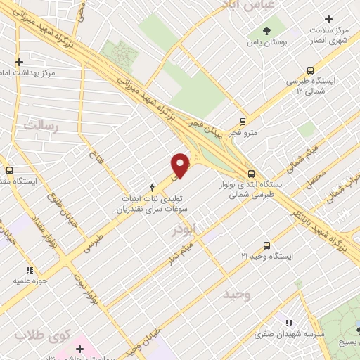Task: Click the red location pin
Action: click(x=181, y=165)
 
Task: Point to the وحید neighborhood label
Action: click(x=236, y=294)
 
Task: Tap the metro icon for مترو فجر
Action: click(x=243, y=121)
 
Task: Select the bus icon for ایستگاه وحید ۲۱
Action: click(x=266, y=245)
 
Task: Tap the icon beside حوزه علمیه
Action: click(x=30, y=269)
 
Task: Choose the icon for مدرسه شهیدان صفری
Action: click(x=289, y=323)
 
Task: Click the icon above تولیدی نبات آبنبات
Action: click(x=153, y=188)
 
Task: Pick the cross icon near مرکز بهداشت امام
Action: click(x=19, y=62)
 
